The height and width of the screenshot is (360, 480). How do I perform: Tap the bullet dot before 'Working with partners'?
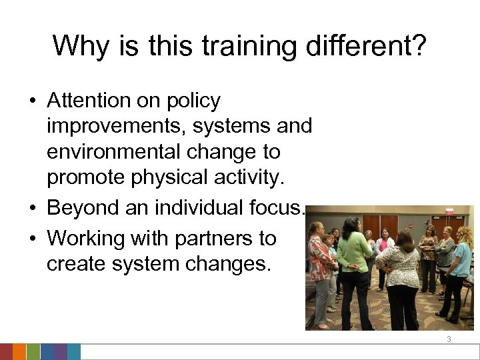pyautogui.click(x=32, y=238)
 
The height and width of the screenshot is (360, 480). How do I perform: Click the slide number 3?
pyautogui.click(x=449, y=339)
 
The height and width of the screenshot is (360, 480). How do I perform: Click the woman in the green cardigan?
pyautogui.click(x=353, y=260)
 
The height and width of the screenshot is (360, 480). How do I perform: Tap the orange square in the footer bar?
pyautogui.click(x=19, y=351)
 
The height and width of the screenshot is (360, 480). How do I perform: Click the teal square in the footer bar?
pyautogui.click(x=73, y=351)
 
